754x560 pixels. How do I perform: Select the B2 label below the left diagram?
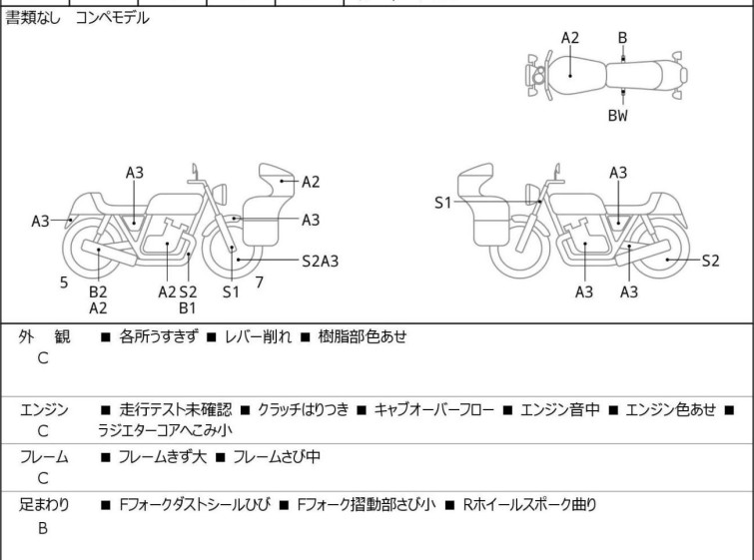pyautogui.click(x=98, y=291)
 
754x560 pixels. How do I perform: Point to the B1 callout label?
pyautogui.click(x=188, y=308)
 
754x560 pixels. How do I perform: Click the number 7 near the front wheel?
pyautogui.click(x=260, y=282)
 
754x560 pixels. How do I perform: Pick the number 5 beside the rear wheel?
pyautogui.click(x=64, y=282)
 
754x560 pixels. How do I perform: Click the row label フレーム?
pyautogui.click(x=44, y=457)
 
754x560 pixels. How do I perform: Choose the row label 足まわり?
pyautogui.click(x=44, y=505)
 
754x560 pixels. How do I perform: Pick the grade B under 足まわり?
pyautogui.click(x=43, y=529)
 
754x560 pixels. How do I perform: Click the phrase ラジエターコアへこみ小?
pyautogui.click(x=165, y=432)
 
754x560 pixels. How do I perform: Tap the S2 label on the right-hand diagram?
pyautogui.click(x=710, y=262)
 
